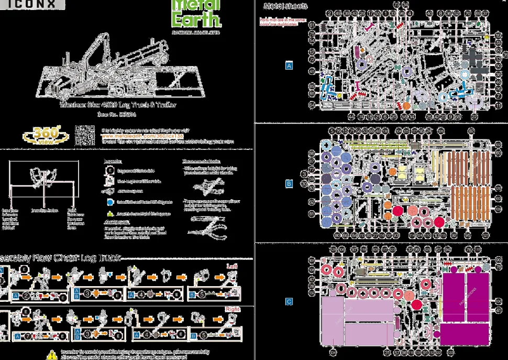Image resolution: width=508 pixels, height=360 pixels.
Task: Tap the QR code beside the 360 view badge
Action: (x=84, y=135)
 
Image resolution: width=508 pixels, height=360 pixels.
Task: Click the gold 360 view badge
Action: (x=46, y=136)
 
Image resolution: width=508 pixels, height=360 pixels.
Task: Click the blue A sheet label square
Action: (x=289, y=66)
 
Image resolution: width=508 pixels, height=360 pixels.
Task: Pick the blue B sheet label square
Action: (x=289, y=184)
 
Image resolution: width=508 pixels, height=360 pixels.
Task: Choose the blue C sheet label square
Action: (x=289, y=302)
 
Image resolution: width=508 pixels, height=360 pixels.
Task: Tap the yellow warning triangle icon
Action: (x=51, y=355)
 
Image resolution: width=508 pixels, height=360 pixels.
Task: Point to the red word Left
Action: (x=233, y=266)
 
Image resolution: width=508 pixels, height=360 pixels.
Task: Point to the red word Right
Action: (x=233, y=309)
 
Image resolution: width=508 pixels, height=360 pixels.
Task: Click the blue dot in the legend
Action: (x=110, y=202)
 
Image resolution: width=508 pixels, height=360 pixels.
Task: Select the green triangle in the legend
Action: (x=110, y=214)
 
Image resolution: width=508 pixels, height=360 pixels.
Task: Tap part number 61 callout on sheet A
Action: (x=312, y=25)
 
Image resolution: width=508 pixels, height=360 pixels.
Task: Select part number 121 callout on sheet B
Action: (x=485, y=236)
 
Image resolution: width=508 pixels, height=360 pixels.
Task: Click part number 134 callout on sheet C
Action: (x=333, y=353)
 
